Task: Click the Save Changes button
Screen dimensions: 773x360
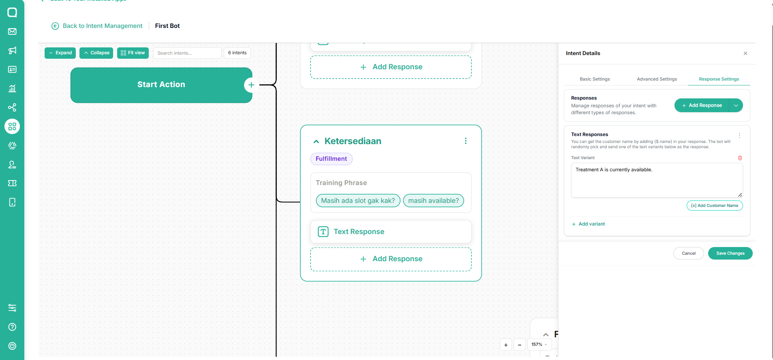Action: [730, 253]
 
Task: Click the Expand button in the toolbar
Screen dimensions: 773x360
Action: [60, 53]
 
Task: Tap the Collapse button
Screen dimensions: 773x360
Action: [96, 53]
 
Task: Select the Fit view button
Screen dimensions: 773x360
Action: [133, 53]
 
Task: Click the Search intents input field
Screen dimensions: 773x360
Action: [187, 53]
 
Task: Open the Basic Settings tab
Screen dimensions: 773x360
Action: [595, 79]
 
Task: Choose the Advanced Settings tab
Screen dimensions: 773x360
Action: [657, 79]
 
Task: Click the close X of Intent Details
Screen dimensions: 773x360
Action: [745, 53]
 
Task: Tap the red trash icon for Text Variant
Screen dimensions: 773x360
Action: [740, 158]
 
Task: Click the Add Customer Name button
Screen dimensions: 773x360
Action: [715, 206]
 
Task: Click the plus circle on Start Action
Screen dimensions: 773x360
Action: [251, 85]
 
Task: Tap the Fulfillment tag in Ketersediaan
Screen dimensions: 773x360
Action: [331, 159]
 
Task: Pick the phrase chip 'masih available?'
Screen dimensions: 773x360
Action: [433, 200]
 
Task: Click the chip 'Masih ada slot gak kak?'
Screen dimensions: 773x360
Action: [358, 200]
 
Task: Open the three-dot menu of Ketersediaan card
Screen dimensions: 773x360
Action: [466, 141]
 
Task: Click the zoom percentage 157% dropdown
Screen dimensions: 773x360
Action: [539, 345]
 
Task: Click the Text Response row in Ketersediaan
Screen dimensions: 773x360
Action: [391, 232]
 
